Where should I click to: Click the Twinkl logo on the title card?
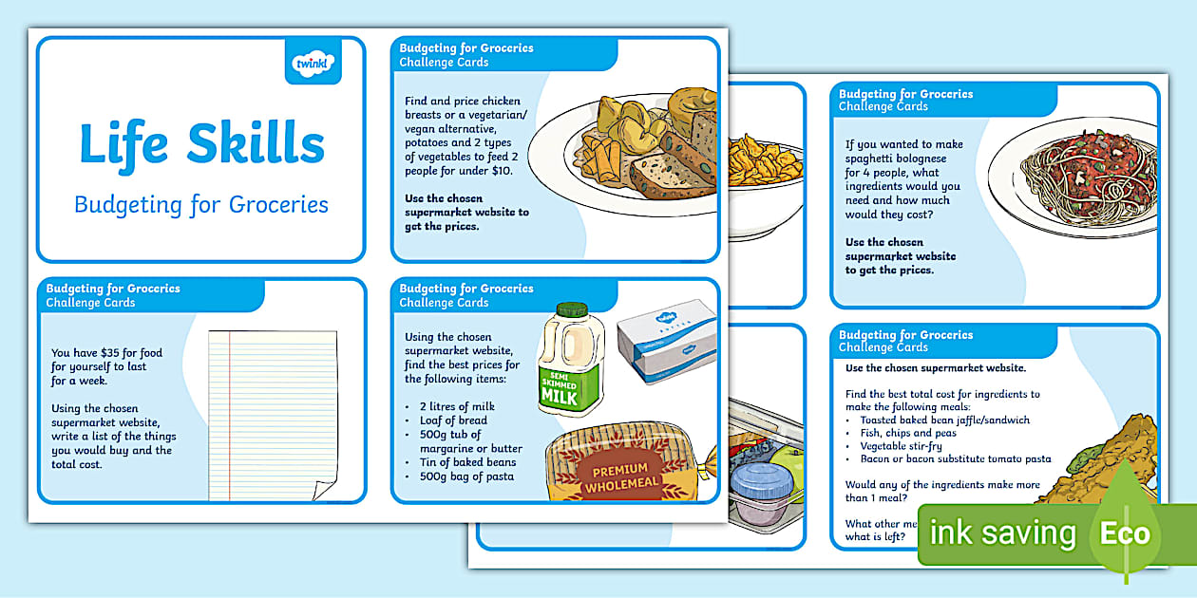313,63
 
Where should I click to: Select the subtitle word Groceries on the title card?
280,204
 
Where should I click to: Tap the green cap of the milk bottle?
571,309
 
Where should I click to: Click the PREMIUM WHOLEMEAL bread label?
620,477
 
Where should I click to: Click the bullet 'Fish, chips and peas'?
907,433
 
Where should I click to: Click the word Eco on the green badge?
1124,533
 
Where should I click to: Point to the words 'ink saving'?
1002,533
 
